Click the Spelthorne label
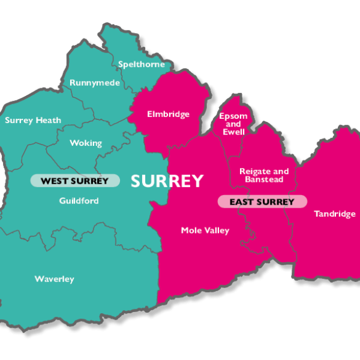coord(141,64)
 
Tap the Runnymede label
coord(95,83)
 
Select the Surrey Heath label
coord(33,120)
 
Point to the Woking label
coord(86,143)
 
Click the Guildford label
coord(79,200)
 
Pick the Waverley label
coord(54,279)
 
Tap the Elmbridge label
coord(168,114)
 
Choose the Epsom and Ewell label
coord(233,124)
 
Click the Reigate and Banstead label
coord(264,175)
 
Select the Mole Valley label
coord(205,230)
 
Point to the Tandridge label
coord(335,214)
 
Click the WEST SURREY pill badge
coord(74,181)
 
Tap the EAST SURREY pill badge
coord(262,202)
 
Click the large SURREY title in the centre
coord(167,181)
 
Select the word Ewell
coord(233,132)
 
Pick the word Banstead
coord(264,179)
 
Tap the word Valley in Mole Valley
coord(216,230)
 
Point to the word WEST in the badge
coord(54,181)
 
